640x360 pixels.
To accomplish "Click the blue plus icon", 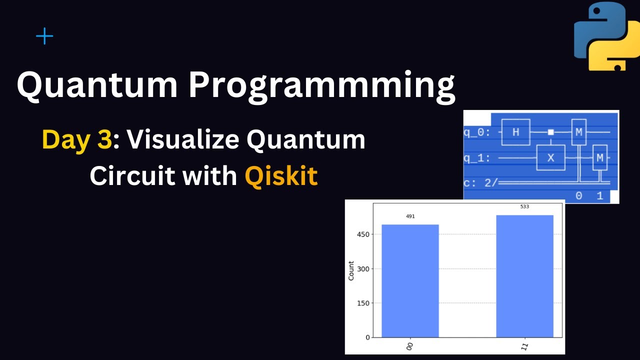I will (x=44, y=36).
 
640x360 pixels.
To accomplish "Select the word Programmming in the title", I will (x=321, y=85).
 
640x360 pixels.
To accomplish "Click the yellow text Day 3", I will (x=76, y=140).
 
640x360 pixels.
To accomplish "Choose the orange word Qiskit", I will (x=281, y=176).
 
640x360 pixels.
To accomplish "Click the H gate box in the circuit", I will (x=515, y=132).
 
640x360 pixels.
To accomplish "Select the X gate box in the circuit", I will (x=550, y=158).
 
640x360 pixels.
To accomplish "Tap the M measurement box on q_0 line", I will (x=578, y=132).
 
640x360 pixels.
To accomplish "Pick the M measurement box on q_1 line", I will (x=599, y=158).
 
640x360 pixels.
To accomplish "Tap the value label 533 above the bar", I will (x=524, y=206).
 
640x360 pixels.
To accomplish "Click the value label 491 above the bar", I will (x=410, y=216).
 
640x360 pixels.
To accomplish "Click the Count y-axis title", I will (x=351, y=270).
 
